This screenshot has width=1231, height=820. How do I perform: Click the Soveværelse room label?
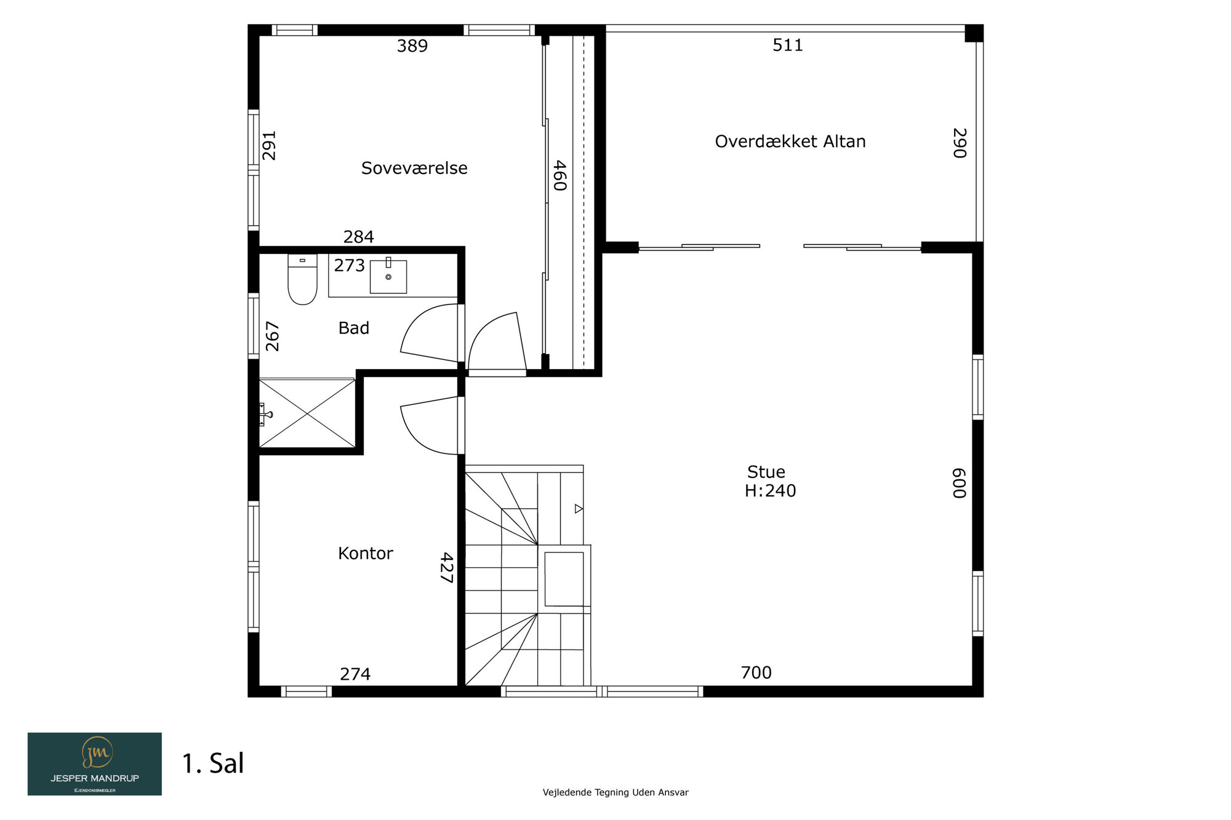point(414,168)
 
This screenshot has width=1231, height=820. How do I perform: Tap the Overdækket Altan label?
point(790,141)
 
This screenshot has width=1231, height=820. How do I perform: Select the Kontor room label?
point(366,553)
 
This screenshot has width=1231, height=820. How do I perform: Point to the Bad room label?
point(354,328)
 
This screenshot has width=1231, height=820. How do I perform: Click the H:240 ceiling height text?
point(770,490)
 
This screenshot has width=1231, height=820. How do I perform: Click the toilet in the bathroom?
point(302,279)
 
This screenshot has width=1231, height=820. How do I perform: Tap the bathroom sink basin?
point(388,277)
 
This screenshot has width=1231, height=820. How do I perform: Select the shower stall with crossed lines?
point(307,413)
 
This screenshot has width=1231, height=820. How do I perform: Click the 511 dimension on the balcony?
point(788,45)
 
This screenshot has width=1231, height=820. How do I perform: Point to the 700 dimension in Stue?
point(756,672)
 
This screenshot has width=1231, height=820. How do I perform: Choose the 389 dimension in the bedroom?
point(412,46)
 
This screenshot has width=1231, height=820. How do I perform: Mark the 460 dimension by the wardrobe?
point(559,175)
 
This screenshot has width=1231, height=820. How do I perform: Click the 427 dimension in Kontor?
point(447,567)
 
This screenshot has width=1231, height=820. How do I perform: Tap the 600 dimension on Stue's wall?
point(959,483)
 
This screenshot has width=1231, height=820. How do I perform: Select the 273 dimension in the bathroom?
point(350,265)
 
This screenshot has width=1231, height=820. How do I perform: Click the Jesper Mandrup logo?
point(95,764)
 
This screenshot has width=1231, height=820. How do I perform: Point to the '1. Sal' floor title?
point(213,763)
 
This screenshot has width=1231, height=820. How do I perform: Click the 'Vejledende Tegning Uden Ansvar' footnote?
point(615,792)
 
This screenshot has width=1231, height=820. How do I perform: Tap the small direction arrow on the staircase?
point(579,509)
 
